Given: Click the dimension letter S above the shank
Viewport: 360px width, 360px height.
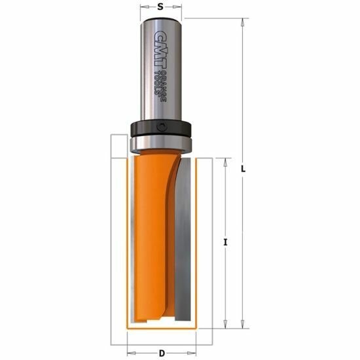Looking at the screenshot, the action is click(160, 7).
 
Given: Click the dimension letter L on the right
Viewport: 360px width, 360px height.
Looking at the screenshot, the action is click(243, 170).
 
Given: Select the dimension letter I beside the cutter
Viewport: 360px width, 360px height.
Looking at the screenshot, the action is click(225, 242).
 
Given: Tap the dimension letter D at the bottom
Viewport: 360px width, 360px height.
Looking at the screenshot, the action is click(162, 353).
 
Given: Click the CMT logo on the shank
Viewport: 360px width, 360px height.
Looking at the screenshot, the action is click(158, 49).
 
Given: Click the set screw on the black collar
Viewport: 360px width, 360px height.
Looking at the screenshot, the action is click(162, 127).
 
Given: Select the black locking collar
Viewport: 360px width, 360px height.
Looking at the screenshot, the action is click(161, 128).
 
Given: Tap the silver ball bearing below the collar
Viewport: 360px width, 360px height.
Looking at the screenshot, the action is click(161, 144).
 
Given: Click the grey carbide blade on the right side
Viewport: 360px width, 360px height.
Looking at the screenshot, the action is click(183, 239).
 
